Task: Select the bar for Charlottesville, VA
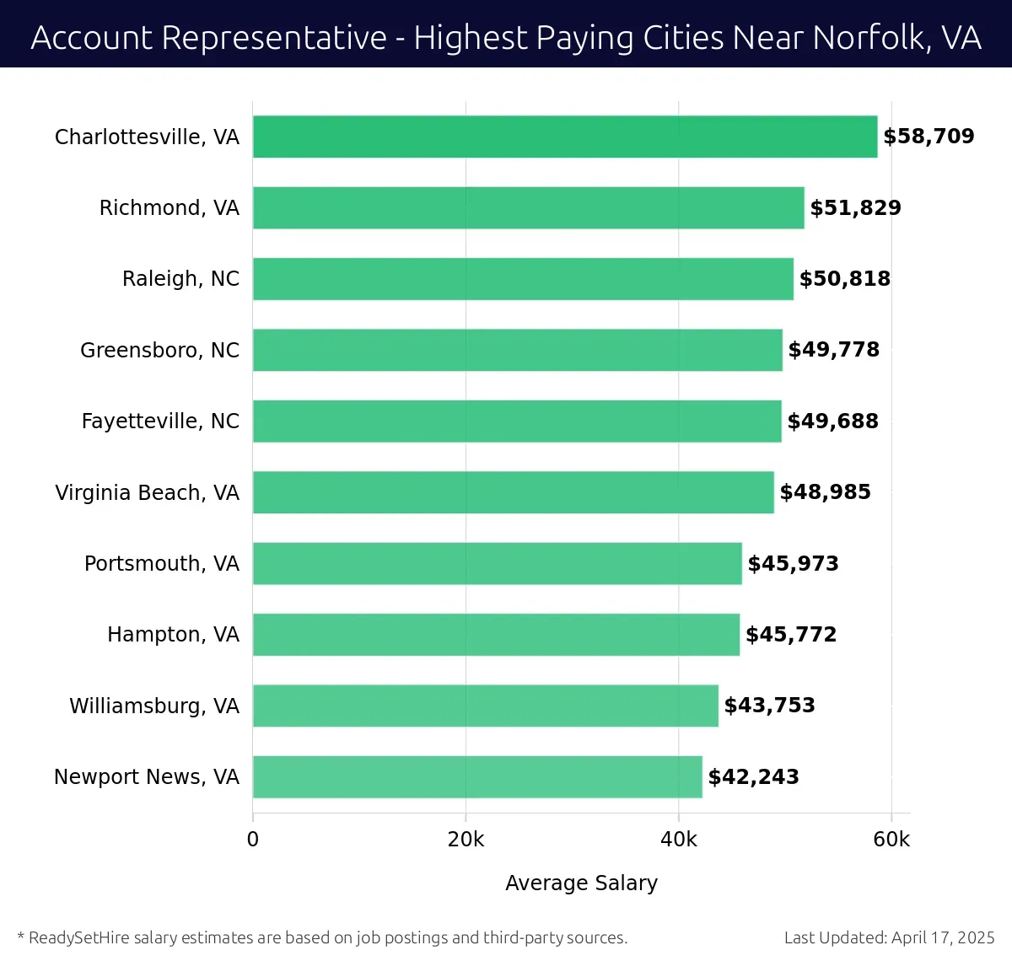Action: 565,137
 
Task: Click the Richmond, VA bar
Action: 529,207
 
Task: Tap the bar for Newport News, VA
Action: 477,776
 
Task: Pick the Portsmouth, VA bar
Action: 498,563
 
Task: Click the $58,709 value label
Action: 929,137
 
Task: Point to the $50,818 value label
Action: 845,279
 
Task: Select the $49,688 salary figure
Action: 833,421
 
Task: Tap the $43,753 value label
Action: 770,706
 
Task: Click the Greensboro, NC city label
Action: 160,350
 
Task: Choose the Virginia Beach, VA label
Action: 148,492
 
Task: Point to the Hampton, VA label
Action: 174,634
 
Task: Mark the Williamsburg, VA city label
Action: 154,706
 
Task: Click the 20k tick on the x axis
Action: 466,840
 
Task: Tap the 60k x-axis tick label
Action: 891,840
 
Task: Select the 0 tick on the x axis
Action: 253,840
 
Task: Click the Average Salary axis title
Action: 581,883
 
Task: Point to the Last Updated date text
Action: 889,937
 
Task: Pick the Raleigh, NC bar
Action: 523,279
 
